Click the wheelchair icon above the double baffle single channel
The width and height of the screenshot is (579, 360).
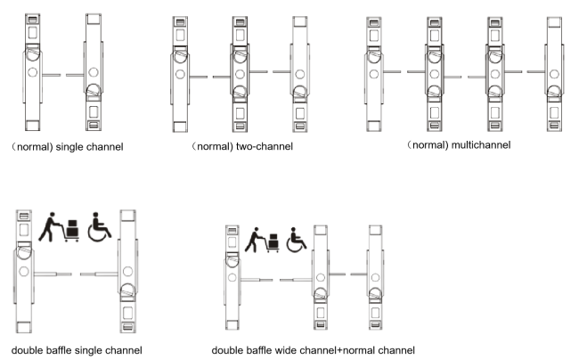pos(100,226)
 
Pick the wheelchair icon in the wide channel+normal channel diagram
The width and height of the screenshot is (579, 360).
pos(296,240)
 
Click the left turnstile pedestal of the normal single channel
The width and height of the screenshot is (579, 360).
pos(32,72)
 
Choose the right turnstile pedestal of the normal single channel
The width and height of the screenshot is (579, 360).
pos(94,72)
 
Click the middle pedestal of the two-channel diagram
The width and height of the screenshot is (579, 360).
pos(240,74)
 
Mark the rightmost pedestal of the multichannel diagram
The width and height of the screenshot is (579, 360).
pos(554,74)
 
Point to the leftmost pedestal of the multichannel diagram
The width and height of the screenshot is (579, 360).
pos(374,74)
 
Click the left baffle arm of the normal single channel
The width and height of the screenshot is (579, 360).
pos(52,76)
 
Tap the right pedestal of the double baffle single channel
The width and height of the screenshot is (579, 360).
pos(127,272)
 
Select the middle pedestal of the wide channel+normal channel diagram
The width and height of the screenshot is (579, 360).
pos(320,278)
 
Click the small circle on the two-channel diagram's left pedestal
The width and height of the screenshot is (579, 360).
pos(180,74)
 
